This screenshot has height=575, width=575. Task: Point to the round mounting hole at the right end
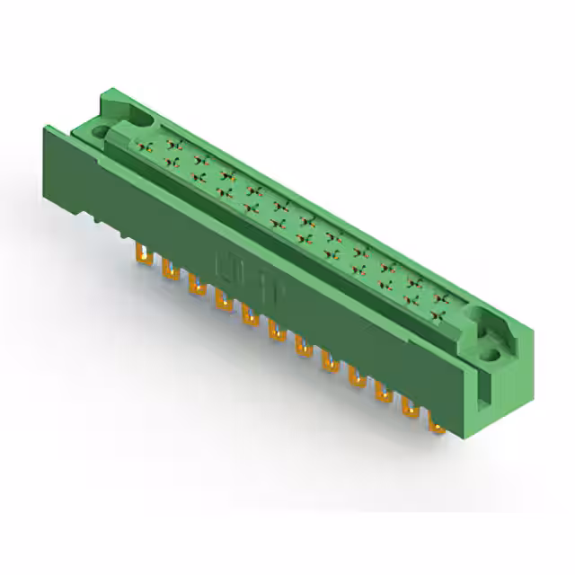click(x=491, y=354)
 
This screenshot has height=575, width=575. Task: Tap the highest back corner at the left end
click(x=109, y=88)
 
